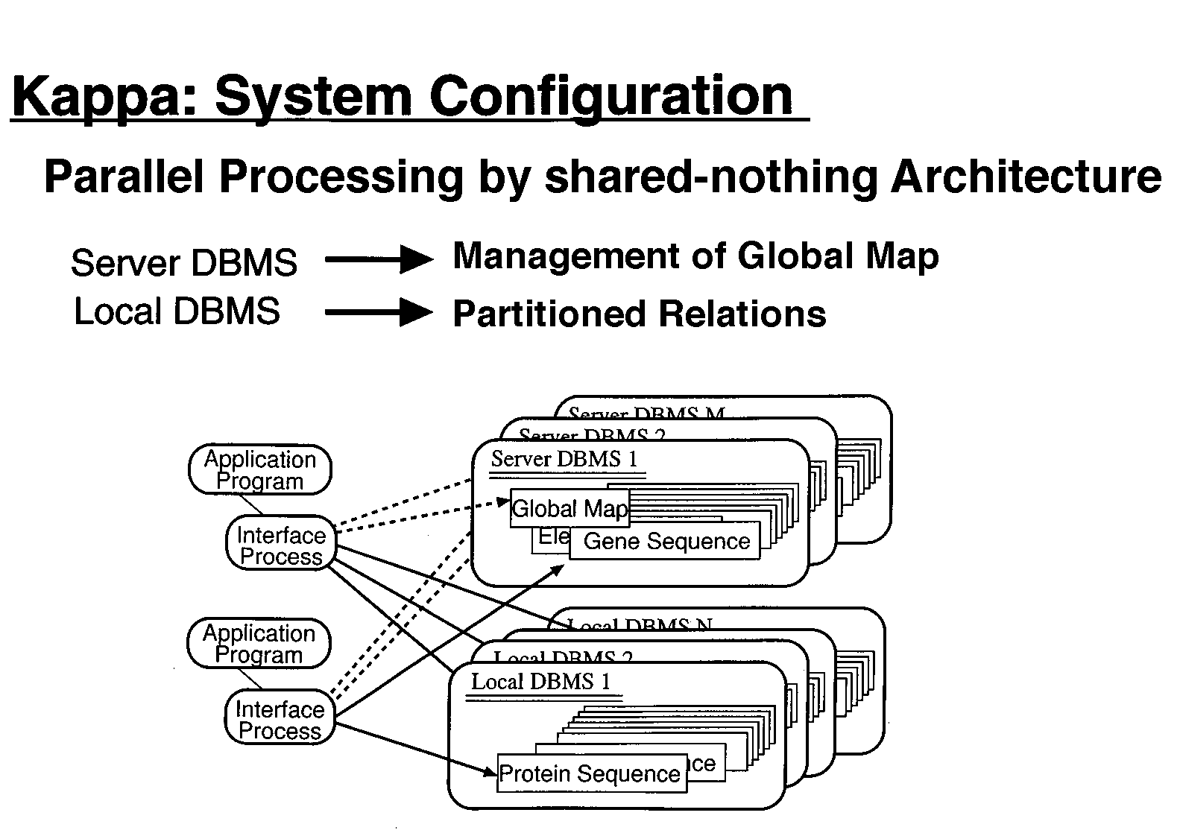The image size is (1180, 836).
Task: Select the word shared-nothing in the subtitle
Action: click(712, 177)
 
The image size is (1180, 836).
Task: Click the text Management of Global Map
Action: click(695, 256)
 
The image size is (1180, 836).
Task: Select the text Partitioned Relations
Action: click(639, 314)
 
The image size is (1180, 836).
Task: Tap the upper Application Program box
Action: click(259, 470)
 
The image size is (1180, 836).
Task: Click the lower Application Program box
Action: click(259, 644)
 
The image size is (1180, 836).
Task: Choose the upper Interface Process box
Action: click(281, 545)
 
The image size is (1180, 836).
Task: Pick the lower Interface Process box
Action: click(280, 720)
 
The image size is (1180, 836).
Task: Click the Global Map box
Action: click(570, 508)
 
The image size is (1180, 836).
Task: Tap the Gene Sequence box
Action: click(666, 542)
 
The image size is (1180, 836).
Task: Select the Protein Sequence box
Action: click(590, 774)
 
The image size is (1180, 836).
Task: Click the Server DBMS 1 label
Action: click(564, 459)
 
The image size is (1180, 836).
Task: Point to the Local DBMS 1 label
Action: click(540, 682)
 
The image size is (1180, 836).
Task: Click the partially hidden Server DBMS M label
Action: click(646, 412)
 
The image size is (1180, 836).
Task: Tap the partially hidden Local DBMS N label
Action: click(639, 624)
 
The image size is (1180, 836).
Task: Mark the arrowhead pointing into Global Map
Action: click(505, 501)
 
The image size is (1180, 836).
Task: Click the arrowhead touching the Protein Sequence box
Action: click(491, 772)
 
